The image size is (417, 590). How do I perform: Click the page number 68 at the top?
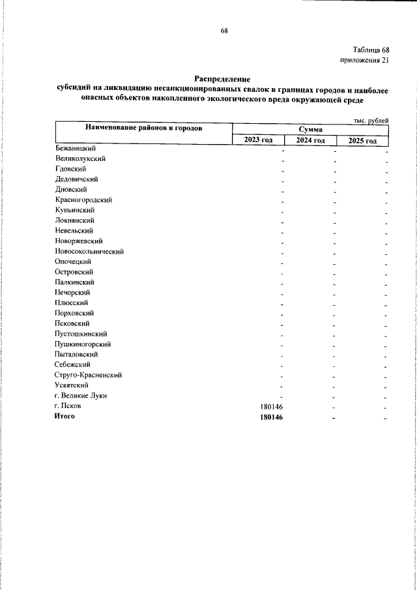click(x=224, y=31)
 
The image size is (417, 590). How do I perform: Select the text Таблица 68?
click(x=371, y=51)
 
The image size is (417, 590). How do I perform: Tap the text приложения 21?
click(x=365, y=61)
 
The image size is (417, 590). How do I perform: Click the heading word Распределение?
click(x=223, y=79)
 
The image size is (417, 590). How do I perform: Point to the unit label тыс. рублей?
click(x=371, y=121)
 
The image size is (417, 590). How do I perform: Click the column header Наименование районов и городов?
click(x=143, y=128)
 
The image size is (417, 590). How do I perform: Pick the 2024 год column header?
click(x=309, y=141)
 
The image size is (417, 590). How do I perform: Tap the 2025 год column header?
click(x=362, y=141)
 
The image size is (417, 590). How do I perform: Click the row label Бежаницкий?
click(x=76, y=148)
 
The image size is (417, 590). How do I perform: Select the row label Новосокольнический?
click(x=89, y=251)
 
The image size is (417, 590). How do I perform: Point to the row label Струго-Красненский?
click(x=88, y=375)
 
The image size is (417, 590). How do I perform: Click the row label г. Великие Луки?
click(x=81, y=396)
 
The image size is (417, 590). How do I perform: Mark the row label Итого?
click(x=65, y=417)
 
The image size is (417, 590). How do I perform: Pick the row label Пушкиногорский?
click(x=83, y=344)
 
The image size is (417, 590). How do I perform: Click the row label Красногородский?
click(x=84, y=199)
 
